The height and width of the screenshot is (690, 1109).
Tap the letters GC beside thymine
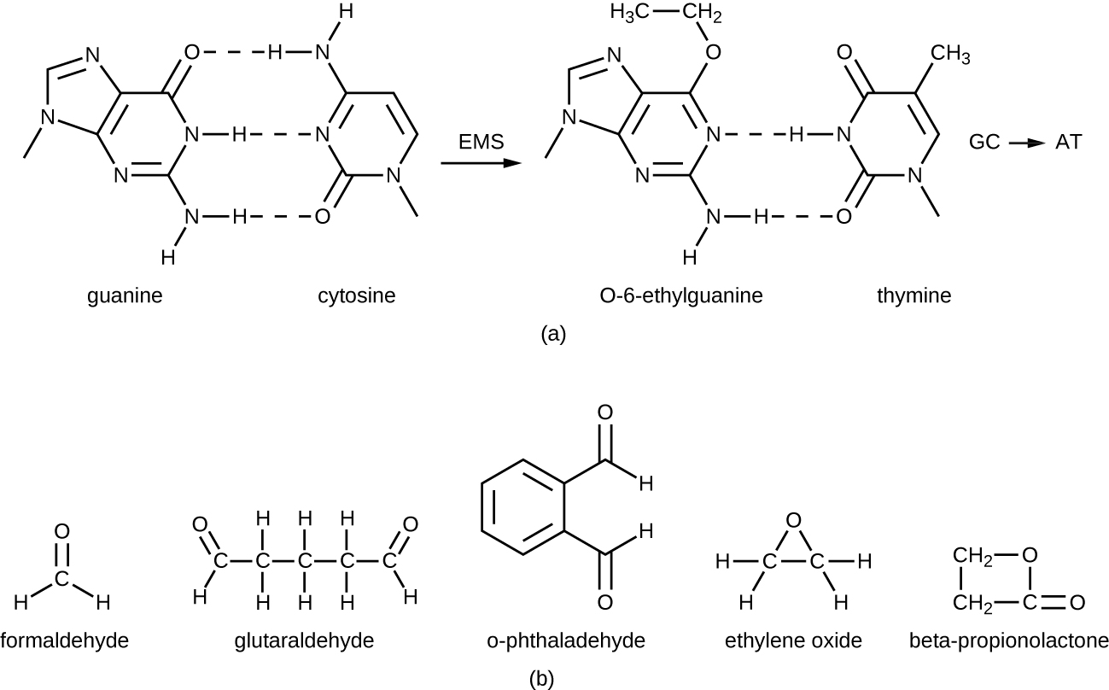coord(984,143)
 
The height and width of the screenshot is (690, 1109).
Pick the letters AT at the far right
coord(1068,143)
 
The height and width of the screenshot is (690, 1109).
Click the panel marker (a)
coord(553,334)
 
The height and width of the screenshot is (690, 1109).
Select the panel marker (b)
coord(541,679)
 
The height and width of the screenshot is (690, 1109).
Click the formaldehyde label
coord(65,640)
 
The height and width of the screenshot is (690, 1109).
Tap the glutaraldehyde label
coord(304,640)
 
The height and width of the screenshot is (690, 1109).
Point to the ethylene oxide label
coord(793,640)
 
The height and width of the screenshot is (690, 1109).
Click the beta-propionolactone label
coord(1008,640)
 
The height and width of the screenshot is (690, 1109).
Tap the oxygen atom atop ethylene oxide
coord(793,520)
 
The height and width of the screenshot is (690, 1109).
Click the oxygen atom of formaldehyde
coord(61,531)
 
